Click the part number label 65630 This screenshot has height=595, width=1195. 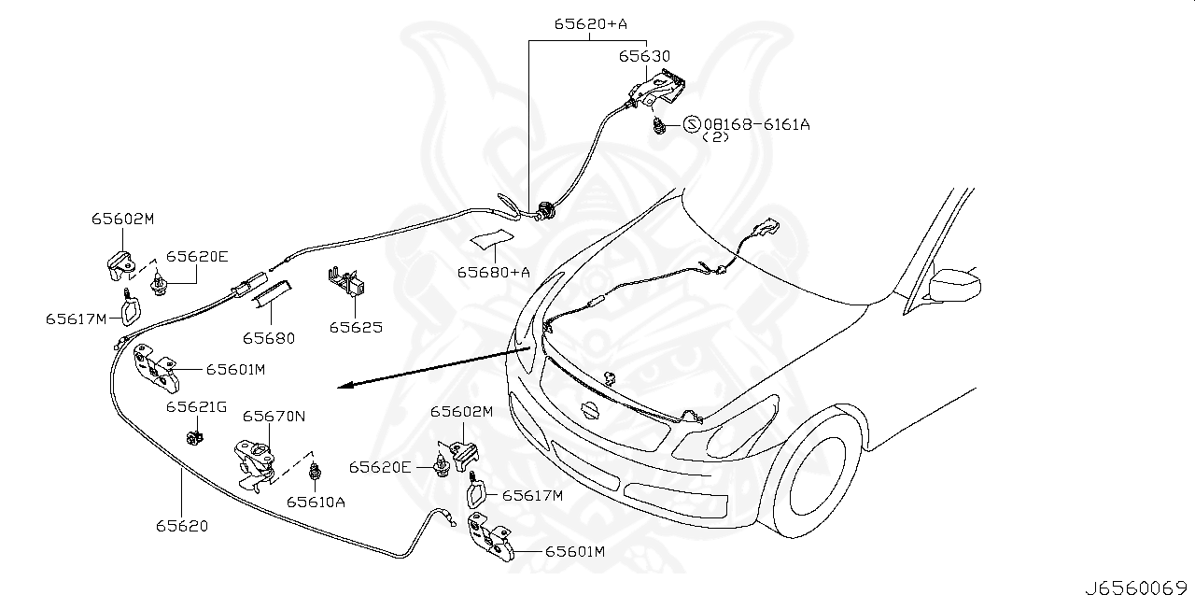tap(644, 57)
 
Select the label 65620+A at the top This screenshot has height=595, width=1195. tap(590, 25)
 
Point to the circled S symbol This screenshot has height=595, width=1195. tap(692, 124)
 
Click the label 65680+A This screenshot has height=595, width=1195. tap(493, 273)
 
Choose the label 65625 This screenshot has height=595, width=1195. tap(355, 328)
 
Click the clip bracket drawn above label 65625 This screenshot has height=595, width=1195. tap(345, 281)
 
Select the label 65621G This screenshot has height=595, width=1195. tap(197, 407)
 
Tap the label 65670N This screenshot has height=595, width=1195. tap(274, 417)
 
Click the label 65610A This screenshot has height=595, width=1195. tap(316, 502)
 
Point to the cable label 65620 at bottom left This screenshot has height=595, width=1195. tap(182, 526)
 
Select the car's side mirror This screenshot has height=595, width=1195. tap(957, 283)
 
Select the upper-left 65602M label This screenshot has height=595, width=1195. tap(122, 219)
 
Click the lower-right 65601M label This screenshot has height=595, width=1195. tap(575, 552)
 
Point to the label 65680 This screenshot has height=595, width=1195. tap(269, 338)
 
